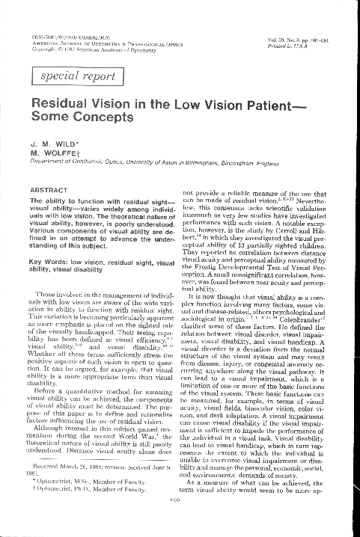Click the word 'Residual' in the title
(57, 106)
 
